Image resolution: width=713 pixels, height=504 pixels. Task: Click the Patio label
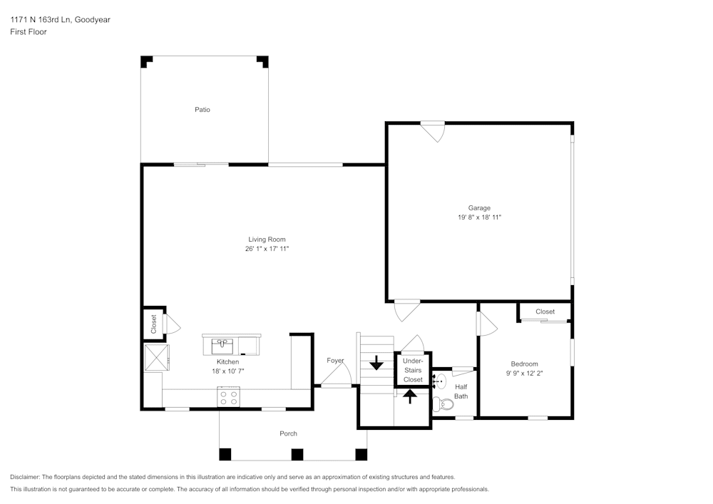[202, 110]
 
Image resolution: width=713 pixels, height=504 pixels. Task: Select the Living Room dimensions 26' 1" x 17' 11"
[267, 249]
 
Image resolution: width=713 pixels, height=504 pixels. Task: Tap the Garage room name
[479, 208]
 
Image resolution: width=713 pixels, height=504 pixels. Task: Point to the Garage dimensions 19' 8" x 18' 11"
[479, 217]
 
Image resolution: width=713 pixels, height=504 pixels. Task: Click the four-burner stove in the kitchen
[228, 397]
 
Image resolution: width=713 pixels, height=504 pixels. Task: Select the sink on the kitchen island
[223, 346]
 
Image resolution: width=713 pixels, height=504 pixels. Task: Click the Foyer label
[335, 361]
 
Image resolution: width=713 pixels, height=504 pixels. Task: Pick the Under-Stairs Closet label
[413, 371]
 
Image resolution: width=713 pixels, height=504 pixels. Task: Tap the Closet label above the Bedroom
[545, 312]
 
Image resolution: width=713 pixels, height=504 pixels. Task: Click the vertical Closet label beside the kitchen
[153, 324]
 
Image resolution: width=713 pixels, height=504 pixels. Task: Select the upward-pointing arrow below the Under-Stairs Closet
[411, 396]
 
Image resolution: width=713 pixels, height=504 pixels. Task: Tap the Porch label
[288, 433]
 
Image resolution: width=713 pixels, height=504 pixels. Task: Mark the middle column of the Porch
[297, 453]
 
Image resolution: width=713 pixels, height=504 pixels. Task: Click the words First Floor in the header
[29, 32]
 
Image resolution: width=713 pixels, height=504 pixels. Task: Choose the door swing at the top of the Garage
[433, 131]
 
